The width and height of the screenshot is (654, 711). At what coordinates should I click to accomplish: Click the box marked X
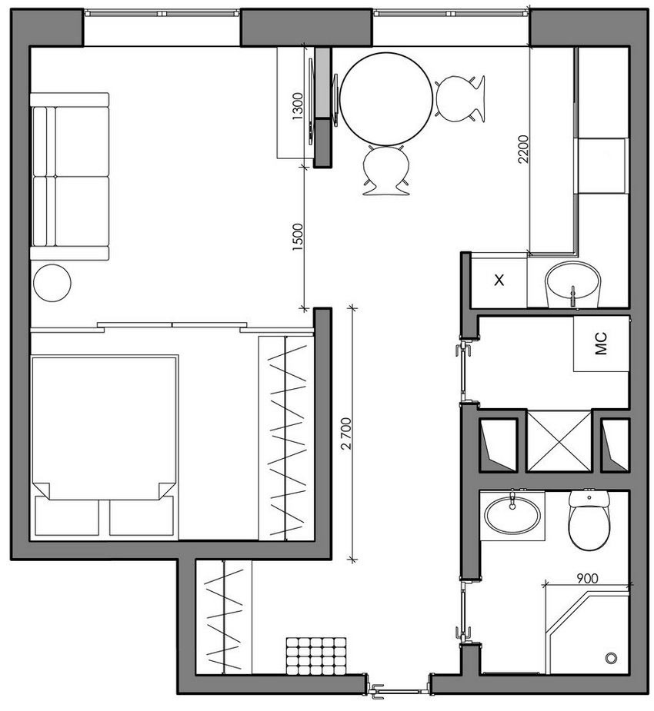click(499, 281)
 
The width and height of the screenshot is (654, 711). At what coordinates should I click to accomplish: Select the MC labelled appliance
click(601, 341)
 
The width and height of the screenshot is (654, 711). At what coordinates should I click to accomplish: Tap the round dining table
click(386, 98)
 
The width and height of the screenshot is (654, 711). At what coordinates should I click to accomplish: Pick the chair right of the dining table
click(461, 97)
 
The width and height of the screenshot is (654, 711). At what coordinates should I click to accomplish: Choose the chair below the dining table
click(386, 170)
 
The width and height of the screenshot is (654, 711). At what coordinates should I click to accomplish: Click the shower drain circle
click(612, 658)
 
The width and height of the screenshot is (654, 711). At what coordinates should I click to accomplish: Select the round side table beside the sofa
click(52, 283)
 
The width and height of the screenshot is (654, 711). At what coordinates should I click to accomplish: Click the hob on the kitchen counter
click(602, 166)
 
